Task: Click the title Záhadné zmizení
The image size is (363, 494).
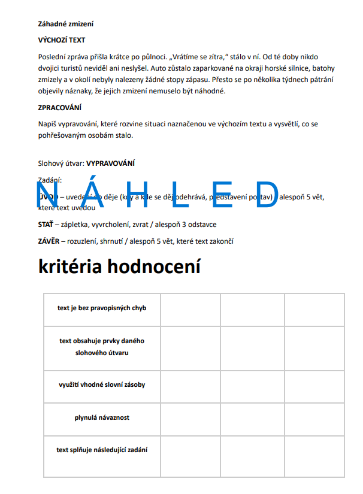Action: click(66, 25)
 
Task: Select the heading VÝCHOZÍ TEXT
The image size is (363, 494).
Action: click(62, 40)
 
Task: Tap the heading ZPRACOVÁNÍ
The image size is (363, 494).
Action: click(60, 108)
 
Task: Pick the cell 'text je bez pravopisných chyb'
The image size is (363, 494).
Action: click(102, 308)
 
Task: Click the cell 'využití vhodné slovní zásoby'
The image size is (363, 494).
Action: click(102, 385)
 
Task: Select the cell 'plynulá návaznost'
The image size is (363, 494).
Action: click(102, 417)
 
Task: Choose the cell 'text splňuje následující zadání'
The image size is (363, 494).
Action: click(102, 450)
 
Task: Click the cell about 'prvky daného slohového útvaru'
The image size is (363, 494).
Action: click(102, 347)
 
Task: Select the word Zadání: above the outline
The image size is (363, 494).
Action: click(50, 179)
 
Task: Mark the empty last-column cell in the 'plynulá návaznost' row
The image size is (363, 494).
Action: click(314, 417)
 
